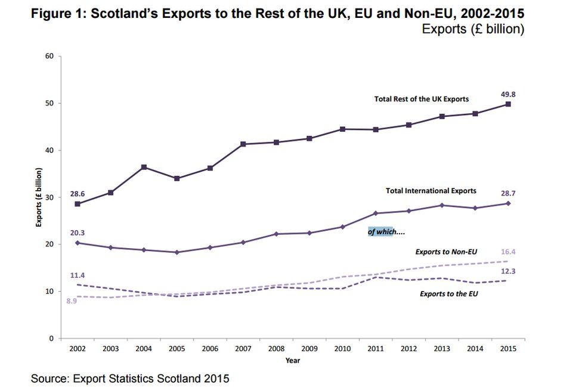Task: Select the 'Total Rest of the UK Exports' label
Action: pyautogui.click(x=421, y=99)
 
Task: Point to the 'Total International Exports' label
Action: pyautogui.click(x=431, y=191)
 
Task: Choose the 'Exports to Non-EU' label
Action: pyautogui.click(x=446, y=252)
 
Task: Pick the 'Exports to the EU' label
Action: pyautogui.click(x=448, y=293)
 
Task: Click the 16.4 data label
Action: pyautogui.click(x=508, y=252)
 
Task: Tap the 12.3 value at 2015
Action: pyautogui.click(x=508, y=271)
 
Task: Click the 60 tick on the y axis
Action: pyautogui.click(x=49, y=57)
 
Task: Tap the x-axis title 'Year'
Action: pyautogui.click(x=292, y=360)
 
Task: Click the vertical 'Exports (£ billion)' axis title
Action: pyautogui.click(x=39, y=197)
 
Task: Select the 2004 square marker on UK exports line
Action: pyautogui.click(x=144, y=167)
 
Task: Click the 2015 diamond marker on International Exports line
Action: pyautogui.click(x=508, y=203)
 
